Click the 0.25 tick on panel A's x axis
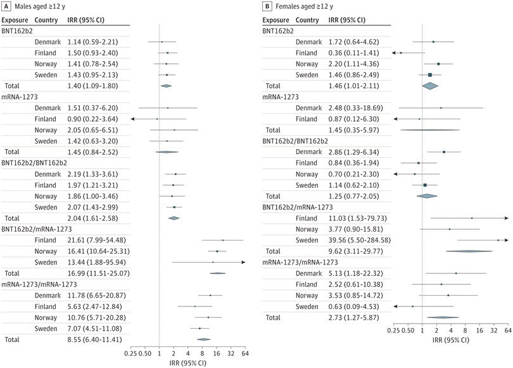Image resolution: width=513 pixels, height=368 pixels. pos(130,353)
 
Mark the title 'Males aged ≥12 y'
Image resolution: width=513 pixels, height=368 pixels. pos(42,6)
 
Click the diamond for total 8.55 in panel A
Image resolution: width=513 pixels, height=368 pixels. pos(203,339)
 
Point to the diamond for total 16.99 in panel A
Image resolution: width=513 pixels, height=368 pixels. pos(217,273)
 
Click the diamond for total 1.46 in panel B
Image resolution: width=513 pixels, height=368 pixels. pos(430,85)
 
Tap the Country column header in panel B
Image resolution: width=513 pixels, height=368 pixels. pos(307,20)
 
